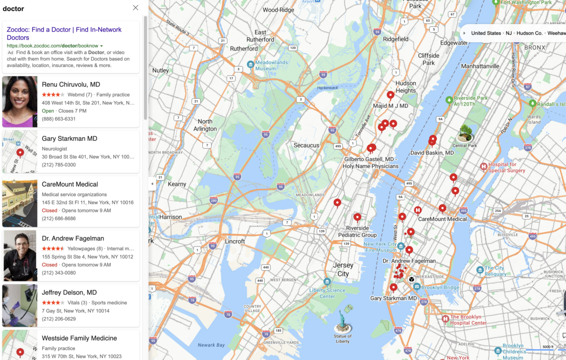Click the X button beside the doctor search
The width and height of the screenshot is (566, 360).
coord(136,8)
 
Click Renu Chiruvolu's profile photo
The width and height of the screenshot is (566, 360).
coord(20,101)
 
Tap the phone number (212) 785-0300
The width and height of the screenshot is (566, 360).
coord(58,165)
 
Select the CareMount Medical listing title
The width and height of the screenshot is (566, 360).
coord(70,184)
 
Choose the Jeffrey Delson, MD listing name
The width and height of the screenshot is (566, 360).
coord(69,293)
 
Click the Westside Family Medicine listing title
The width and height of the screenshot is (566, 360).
coord(79,338)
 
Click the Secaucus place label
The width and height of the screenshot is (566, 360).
coord(307,145)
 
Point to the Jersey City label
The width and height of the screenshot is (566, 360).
coord(343,269)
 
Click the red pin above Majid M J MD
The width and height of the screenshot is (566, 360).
coord(391,95)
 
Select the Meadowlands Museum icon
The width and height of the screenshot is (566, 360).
coord(250,64)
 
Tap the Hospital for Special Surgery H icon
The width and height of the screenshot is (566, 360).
coord(483,167)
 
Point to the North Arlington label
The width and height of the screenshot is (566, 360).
coord(205,125)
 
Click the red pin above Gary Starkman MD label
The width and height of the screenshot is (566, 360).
coord(393,287)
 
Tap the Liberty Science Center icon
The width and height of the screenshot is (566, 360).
coord(327,281)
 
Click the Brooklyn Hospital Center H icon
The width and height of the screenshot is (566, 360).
coord(445,319)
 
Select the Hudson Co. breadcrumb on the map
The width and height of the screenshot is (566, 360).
coord(529,33)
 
